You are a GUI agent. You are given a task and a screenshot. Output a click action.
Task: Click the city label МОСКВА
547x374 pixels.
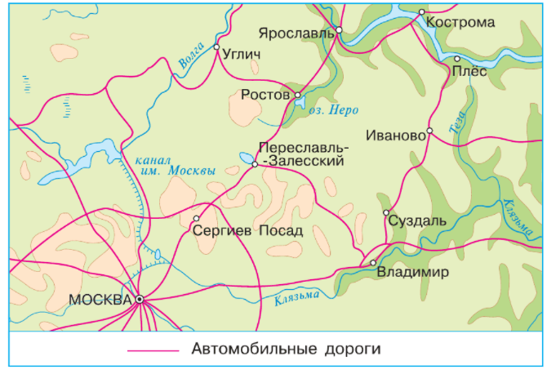100,300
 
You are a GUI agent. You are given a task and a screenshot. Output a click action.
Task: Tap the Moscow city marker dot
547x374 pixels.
140,300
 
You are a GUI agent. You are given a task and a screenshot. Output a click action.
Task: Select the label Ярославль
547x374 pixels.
296,33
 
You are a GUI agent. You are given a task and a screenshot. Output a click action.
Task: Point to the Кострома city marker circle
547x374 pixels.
422,12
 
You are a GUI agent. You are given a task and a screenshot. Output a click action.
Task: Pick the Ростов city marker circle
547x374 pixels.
298,95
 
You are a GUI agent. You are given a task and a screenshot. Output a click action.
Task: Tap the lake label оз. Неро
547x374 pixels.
335,109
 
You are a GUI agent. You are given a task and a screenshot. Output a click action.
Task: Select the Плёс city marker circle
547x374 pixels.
457,59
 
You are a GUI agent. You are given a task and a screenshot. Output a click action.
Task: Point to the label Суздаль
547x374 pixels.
418,220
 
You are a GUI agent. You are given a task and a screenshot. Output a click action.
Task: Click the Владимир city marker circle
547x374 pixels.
373,263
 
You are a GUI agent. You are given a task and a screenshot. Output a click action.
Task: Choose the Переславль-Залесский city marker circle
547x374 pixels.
255,164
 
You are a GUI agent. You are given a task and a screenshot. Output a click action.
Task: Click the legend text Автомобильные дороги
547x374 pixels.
287,349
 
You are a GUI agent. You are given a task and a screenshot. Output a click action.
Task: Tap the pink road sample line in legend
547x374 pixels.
153,350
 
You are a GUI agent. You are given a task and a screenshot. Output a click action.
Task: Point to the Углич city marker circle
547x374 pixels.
216,47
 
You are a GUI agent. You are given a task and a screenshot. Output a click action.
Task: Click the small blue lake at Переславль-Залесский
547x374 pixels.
246,157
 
